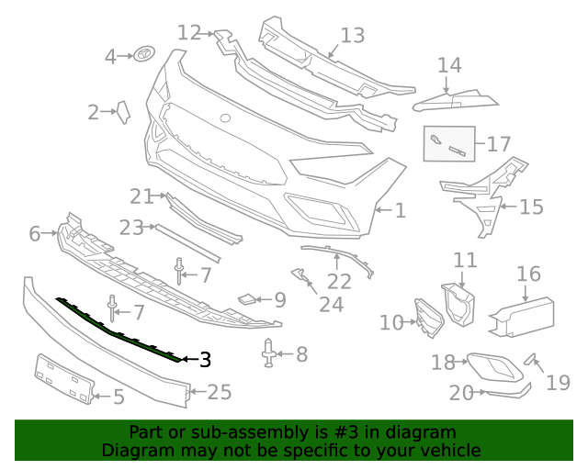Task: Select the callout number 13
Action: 352,36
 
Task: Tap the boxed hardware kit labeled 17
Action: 448,144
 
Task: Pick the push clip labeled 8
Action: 269,354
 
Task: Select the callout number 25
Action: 220,393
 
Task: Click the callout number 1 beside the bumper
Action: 400,211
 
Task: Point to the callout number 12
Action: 189,33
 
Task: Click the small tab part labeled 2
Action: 122,112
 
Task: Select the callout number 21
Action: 141,196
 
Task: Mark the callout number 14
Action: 449,65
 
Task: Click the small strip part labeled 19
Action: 530,359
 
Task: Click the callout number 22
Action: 339,281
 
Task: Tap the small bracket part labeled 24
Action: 298,274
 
